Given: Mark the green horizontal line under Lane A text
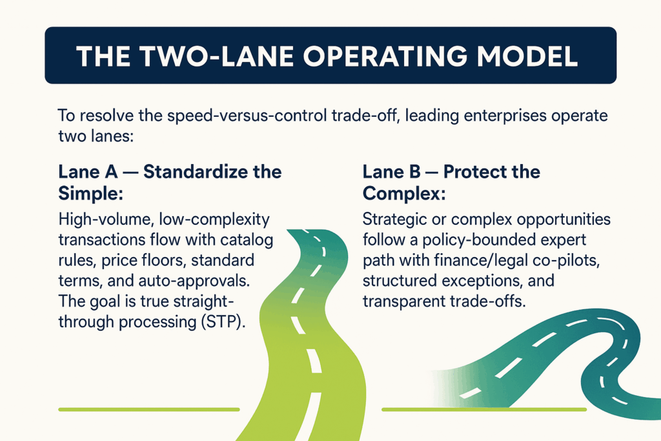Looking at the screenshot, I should pos(148,409).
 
